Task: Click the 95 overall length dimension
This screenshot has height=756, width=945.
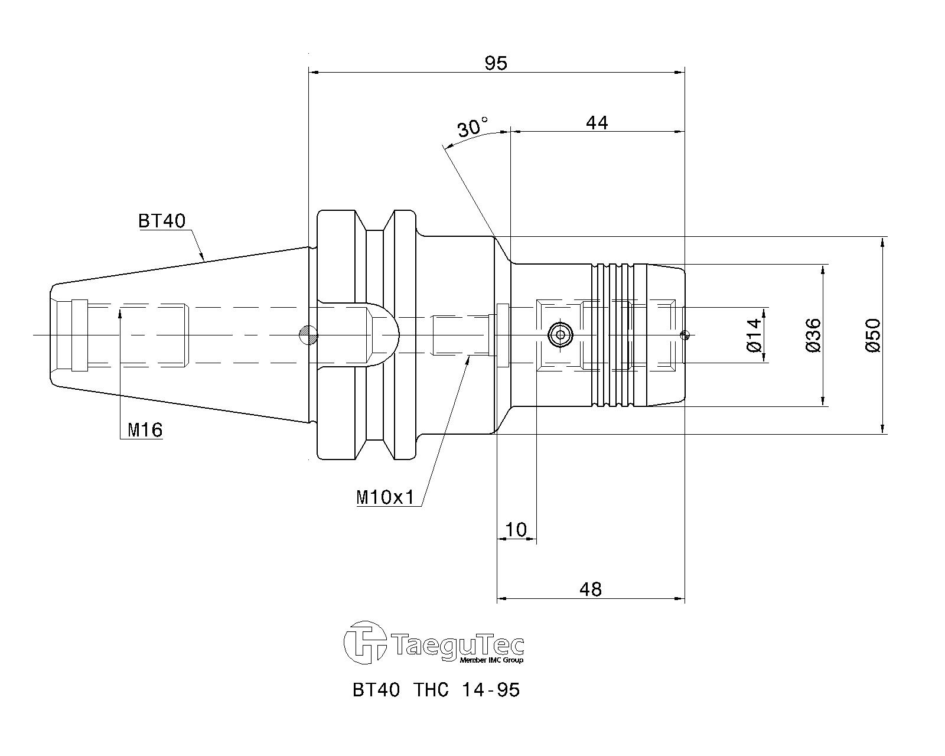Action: [496, 63]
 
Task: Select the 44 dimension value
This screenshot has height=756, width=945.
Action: [597, 123]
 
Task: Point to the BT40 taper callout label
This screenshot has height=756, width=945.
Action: [162, 220]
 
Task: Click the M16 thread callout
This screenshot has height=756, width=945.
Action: [145, 429]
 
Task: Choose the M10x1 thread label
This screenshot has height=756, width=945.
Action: [386, 498]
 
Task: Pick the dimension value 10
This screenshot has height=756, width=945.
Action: [516, 530]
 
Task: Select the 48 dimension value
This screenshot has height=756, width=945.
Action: [591, 589]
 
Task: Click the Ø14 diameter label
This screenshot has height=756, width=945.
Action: [754, 335]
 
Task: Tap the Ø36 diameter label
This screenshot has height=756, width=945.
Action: [813, 335]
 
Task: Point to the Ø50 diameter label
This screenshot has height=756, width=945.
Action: [873, 335]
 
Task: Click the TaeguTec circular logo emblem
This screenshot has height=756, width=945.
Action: [365, 643]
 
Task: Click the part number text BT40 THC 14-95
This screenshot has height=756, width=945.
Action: [436, 690]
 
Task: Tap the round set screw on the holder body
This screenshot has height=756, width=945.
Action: [561, 335]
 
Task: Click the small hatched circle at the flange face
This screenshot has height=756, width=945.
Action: [309, 335]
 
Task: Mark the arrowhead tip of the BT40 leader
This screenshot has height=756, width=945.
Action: [204, 259]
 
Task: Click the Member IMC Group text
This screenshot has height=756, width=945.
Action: [491, 660]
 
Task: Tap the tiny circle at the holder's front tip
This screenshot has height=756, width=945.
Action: [683, 335]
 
